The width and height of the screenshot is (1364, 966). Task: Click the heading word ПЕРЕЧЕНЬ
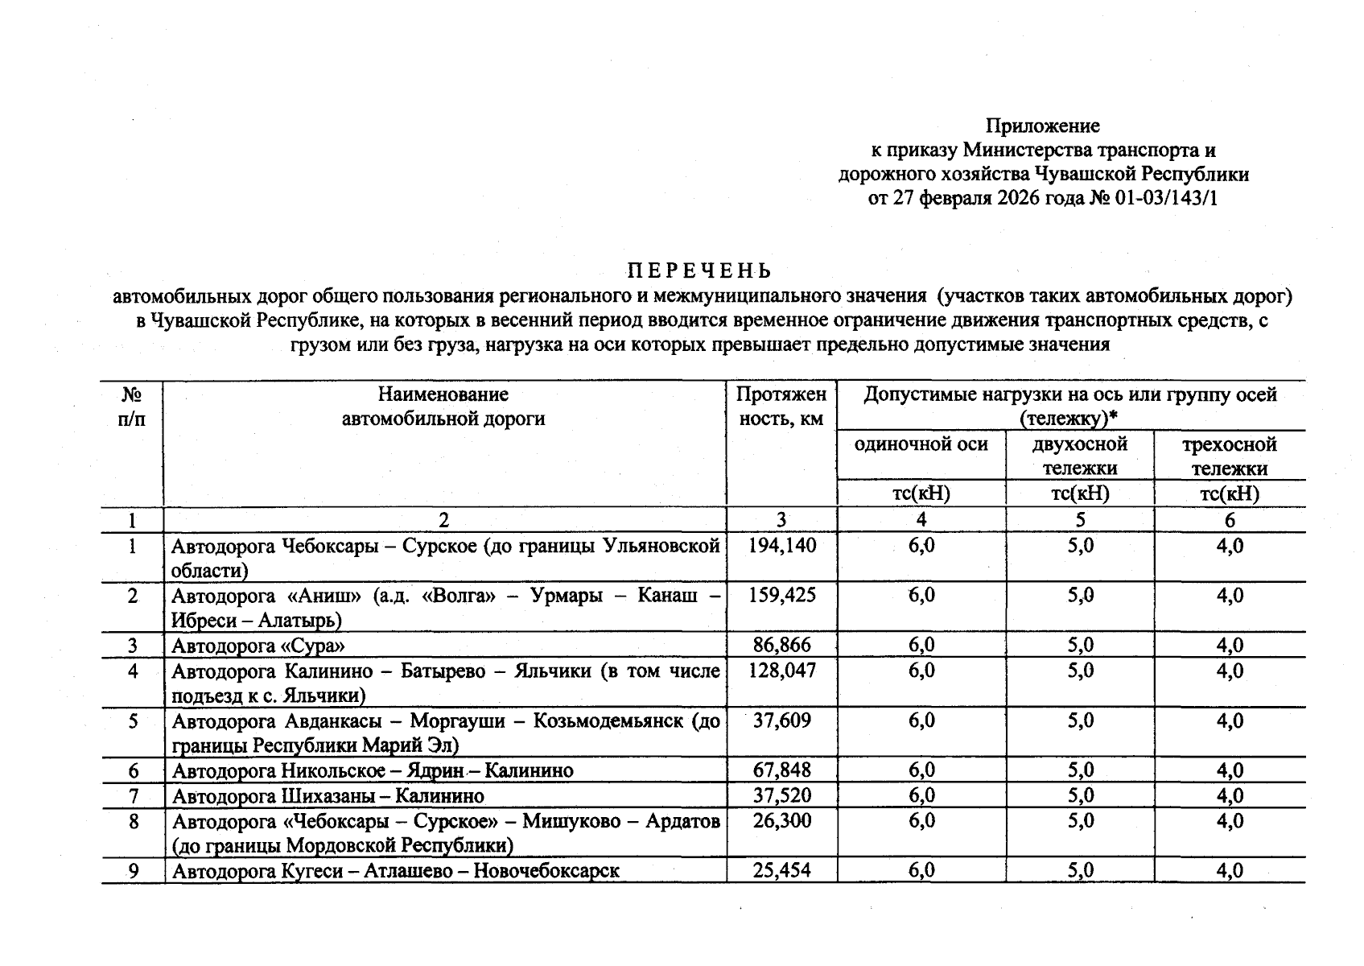pos(699,270)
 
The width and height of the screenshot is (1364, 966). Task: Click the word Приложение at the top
pos(1043,126)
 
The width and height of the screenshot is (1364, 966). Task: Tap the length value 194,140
pos(781,546)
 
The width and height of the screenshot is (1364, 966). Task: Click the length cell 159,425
pos(781,596)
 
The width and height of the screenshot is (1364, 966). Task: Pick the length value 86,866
pos(781,645)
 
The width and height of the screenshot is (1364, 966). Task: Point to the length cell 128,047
pos(781,671)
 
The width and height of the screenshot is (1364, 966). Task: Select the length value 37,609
pos(781,720)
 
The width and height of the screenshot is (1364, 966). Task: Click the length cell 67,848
pos(781,770)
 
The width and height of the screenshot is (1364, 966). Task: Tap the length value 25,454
pos(781,870)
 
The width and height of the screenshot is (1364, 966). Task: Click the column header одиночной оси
pos(921,444)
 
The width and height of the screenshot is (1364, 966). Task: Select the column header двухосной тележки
pos(1080,456)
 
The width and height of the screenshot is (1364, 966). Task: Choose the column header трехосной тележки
pos(1229,456)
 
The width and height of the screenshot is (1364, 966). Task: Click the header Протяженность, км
pos(781,407)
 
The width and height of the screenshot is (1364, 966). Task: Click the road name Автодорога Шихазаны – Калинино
pos(328,796)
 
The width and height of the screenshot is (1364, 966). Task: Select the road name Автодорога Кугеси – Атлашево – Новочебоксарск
pos(396,870)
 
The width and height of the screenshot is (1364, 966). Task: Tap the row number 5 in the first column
pos(133,720)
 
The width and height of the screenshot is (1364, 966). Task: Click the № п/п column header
pos(133,407)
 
